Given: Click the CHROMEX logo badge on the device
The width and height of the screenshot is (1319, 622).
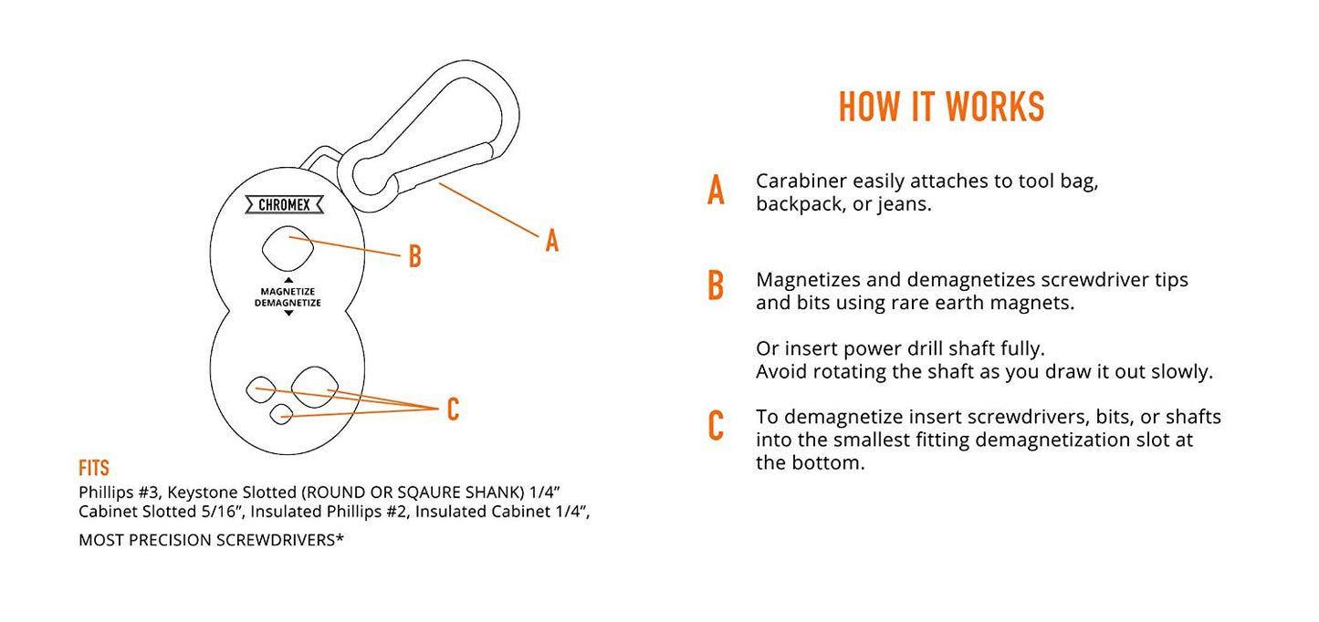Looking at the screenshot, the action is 285,205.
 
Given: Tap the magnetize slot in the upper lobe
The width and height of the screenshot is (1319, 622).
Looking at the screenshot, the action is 288,248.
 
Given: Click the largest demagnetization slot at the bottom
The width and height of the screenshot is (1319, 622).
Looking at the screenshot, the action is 315,387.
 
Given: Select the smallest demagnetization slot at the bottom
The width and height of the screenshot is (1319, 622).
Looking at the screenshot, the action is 281,414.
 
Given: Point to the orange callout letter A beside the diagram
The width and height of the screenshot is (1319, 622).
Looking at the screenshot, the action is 551,241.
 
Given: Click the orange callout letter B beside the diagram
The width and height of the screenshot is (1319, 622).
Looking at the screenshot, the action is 415,256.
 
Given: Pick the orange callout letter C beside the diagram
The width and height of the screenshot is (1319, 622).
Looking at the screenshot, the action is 453,409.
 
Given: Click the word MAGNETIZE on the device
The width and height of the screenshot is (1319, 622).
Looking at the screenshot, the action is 288,291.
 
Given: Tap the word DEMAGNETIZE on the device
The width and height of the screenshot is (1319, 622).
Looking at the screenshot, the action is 288,303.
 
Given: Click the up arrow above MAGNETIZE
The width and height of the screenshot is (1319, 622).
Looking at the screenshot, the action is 288,280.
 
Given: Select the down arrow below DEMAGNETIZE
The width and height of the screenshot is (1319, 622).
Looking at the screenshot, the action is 288,313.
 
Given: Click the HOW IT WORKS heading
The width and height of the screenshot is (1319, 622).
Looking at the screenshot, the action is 941,107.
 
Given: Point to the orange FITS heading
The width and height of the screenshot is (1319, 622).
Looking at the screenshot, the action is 94,469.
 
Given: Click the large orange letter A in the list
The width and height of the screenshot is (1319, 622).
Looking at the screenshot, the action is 716,190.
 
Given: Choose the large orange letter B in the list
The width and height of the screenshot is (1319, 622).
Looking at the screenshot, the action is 716,285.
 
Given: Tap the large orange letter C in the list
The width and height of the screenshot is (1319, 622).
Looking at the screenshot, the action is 716,425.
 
